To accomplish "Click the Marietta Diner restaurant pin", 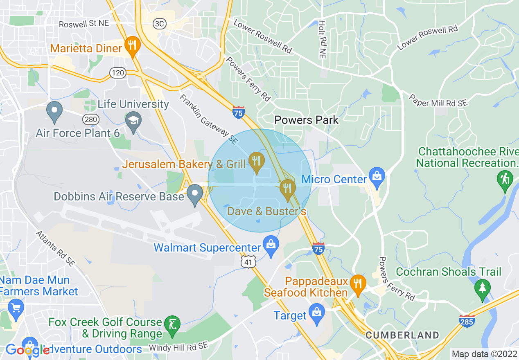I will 132,45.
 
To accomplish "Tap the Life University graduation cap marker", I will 133,121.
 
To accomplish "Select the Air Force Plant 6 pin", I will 54,111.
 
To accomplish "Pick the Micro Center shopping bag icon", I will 376,176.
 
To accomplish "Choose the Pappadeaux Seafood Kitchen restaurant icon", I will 358,283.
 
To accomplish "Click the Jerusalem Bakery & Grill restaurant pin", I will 256,161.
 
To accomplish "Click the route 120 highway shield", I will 117,73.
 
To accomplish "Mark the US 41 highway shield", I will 248,262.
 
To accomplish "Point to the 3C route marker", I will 159,24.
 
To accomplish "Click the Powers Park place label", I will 307,120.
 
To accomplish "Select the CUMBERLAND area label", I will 402,335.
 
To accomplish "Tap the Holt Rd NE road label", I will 322,39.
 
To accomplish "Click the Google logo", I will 27,350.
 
